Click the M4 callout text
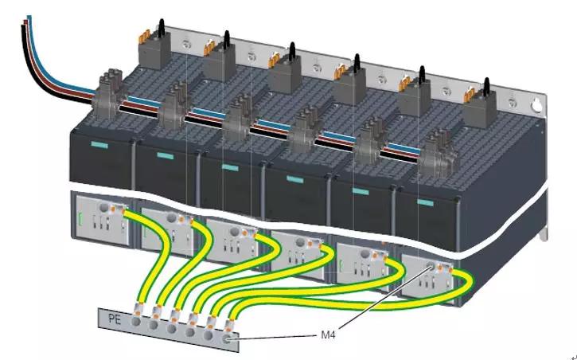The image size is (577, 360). [x=329, y=336]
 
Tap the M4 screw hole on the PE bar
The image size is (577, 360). [x=230, y=340]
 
